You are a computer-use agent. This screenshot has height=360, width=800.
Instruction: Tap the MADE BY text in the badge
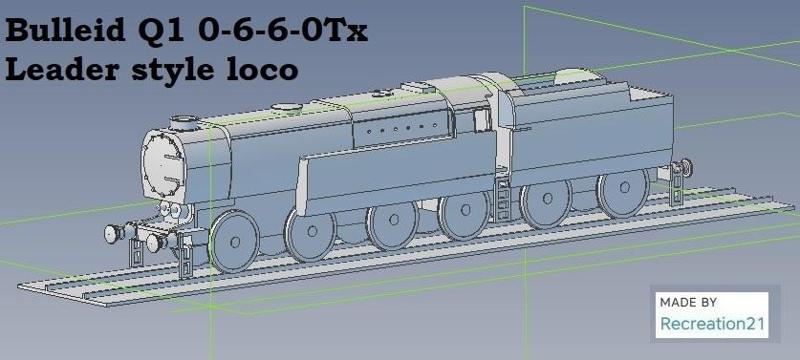[689, 301]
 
